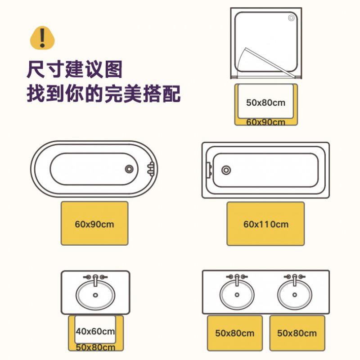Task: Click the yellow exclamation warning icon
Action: pos(42,38)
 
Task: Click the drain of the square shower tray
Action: pos(291,18)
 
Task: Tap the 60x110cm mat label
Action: pos(266,224)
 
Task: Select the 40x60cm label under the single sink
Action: pos(95,331)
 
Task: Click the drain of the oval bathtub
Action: pos(129,169)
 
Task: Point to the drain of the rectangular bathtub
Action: pos(226,170)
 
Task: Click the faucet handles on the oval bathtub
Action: pos(151,169)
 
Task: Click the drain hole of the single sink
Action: pos(95,295)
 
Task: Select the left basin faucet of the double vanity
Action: pos(237,279)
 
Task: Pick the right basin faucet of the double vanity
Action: pos(295,279)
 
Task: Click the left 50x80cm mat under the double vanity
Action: pos(234,333)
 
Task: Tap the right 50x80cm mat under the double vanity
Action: pos(297,333)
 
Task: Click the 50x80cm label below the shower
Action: pos(265,103)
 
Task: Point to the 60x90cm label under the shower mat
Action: pos(265,122)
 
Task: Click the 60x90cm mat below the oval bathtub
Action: pos(94,223)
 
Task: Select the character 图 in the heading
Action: pos(113,69)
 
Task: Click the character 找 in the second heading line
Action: pos(36,94)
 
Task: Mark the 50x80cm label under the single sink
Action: pos(95,347)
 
